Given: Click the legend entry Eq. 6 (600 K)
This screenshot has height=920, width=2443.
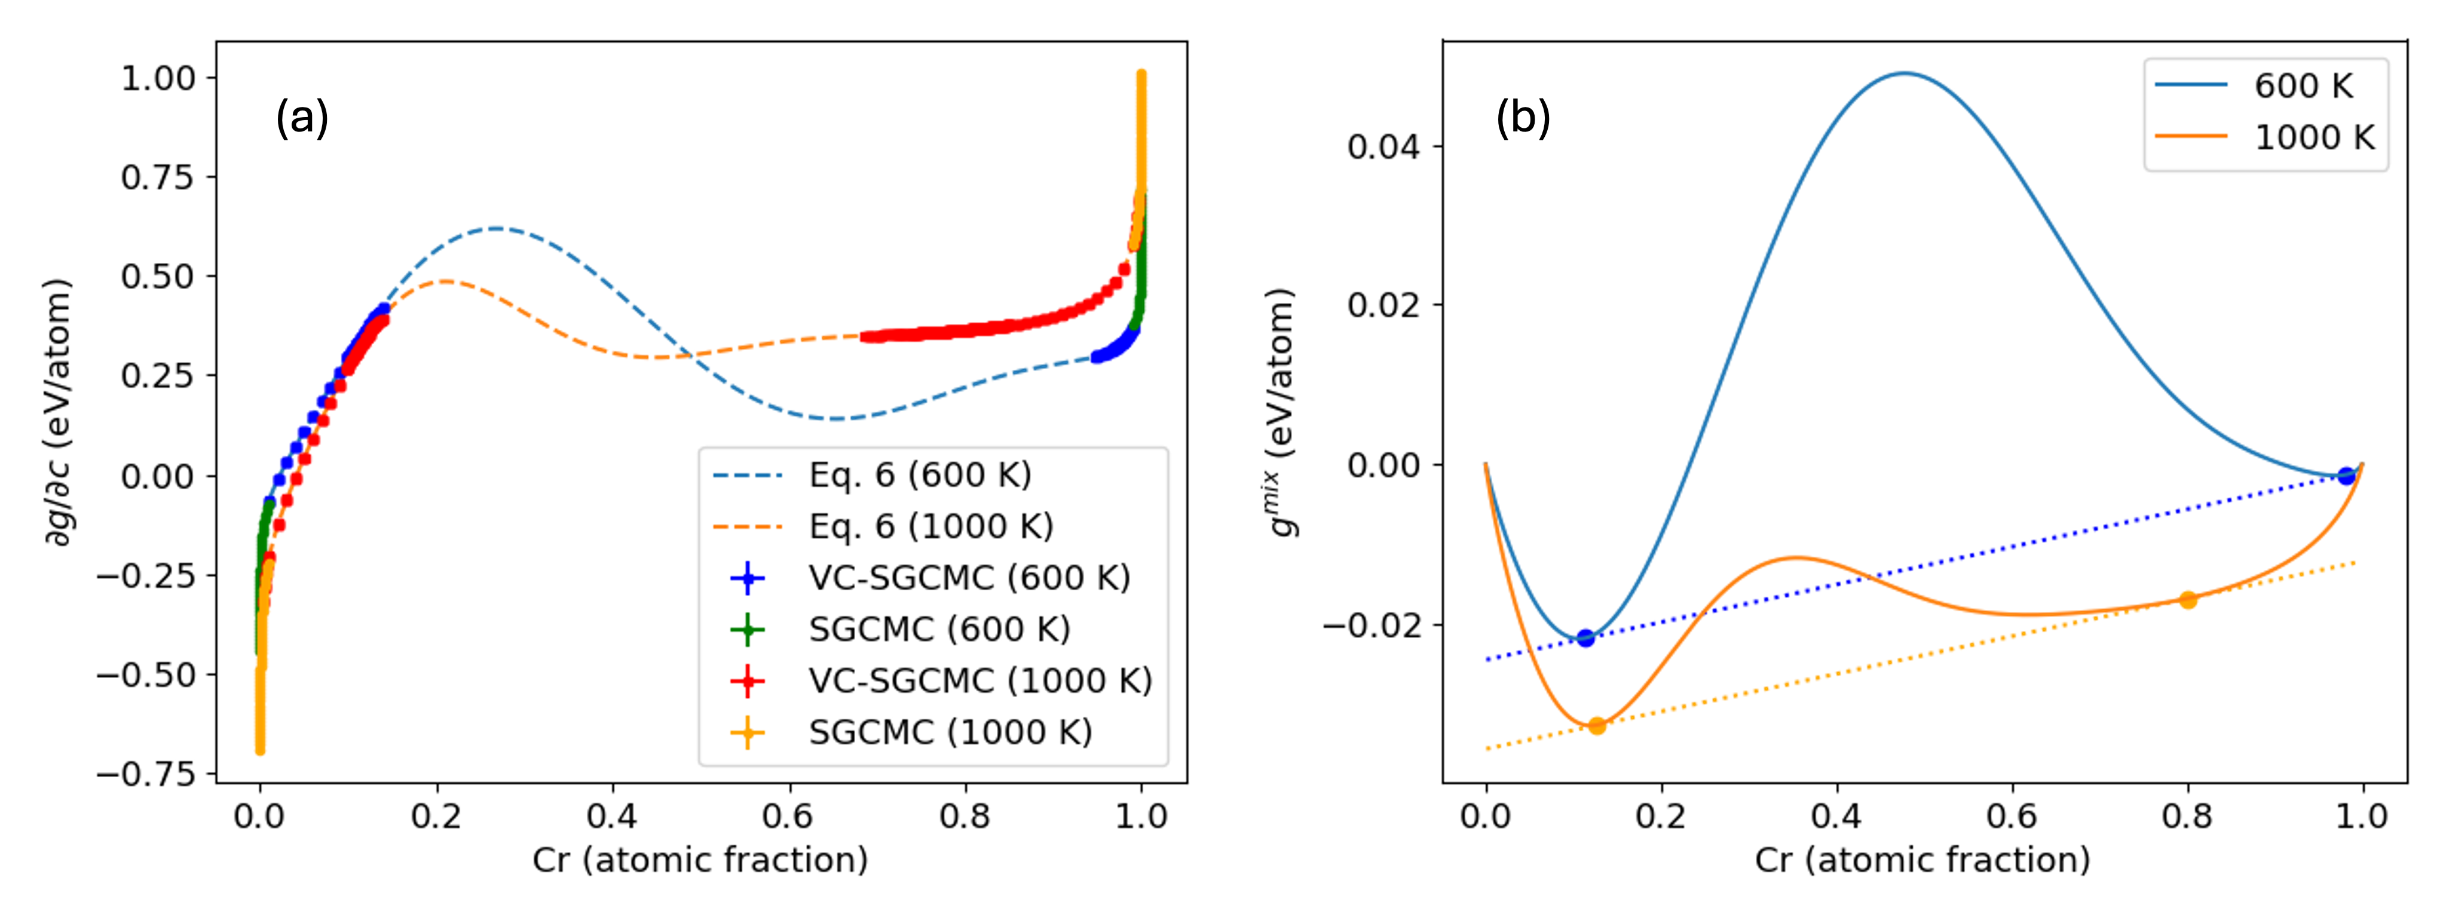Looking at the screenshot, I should pyautogui.click(x=919, y=474).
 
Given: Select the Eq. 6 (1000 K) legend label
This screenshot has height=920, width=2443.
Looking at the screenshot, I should pyautogui.click(x=930, y=526).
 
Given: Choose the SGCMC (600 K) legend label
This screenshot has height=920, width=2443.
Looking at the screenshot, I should pyautogui.click(x=939, y=629).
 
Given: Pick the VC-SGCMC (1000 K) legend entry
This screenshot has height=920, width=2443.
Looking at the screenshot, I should pyautogui.click(x=979, y=680).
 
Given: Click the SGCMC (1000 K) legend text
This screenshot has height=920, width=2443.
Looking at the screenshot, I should pyautogui.click(x=950, y=731).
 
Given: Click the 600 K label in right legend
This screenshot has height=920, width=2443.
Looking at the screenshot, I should pyautogui.click(x=2303, y=85).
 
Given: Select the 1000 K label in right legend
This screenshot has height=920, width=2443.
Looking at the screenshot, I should pyautogui.click(x=2313, y=137).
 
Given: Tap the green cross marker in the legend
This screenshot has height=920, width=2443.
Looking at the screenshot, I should pyautogui.click(x=748, y=629).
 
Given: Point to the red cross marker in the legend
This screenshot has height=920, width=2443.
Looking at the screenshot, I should pyautogui.click(x=748, y=680).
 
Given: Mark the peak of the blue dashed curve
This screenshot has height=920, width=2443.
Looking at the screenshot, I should pyautogui.click(x=495, y=228).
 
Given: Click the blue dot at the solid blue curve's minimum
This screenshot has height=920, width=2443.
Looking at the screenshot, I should pyautogui.click(x=1585, y=637).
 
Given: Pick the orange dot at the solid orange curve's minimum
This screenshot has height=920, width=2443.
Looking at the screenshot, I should pyautogui.click(x=1597, y=726).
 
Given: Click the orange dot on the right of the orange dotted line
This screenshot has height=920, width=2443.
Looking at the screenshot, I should pyautogui.click(x=2188, y=599).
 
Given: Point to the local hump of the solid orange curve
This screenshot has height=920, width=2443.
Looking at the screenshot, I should pyautogui.click(x=1795, y=558).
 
